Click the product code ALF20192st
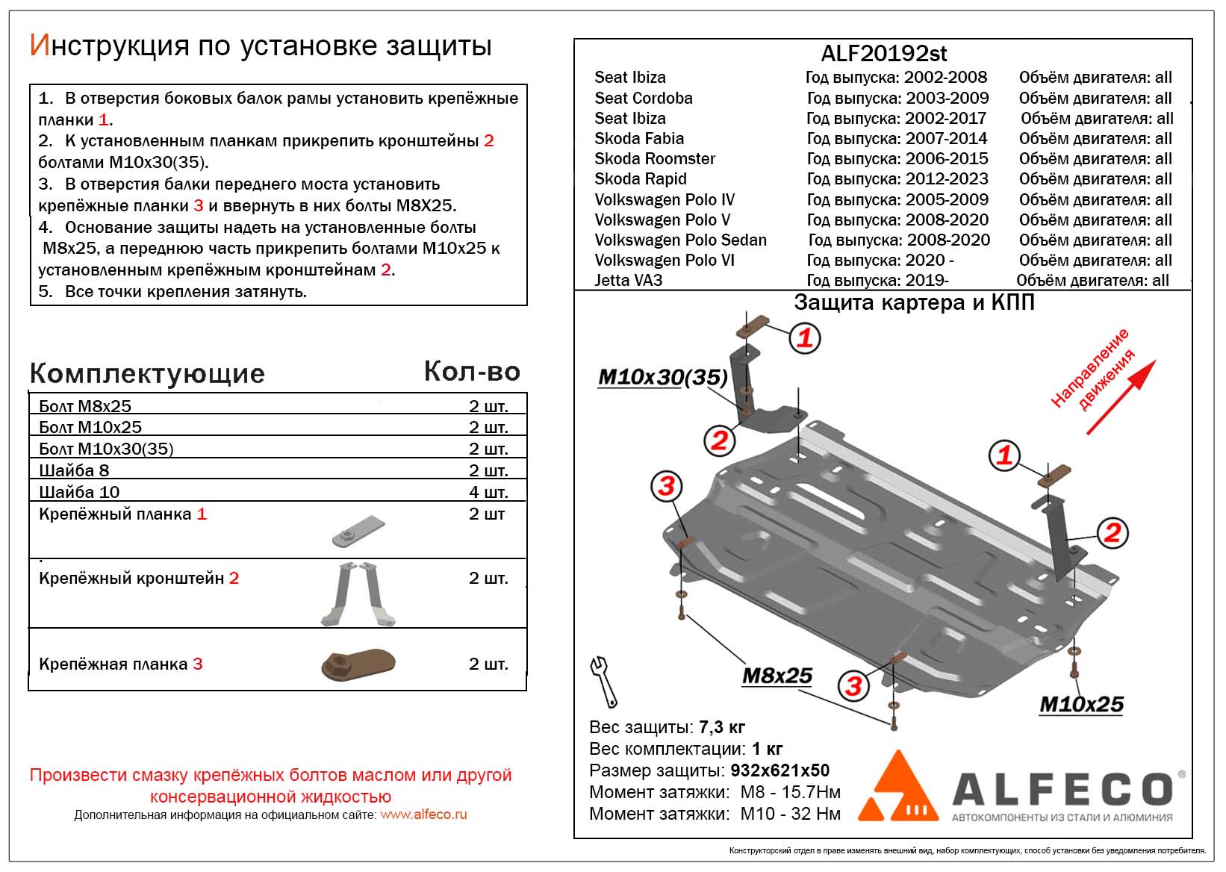pyautogui.click(x=883, y=54)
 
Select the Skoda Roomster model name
pyautogui.click(x=654, y=159)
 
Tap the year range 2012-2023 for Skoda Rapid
pyautogui.click(x=946, y=179)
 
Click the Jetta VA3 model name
pyautogui.click(x=628, y=281)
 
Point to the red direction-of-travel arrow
pyautogui.click(x=1121, y=397)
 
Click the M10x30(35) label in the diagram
pyautogui.click(x=662, y=378)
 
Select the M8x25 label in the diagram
pyautogui.click(x=777, y=676)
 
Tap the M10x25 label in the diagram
pyautogui.click(x=1080, y=705)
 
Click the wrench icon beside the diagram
pyautogui.click(x=603, y=680)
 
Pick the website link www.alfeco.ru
pyautogui.click(x=423, y=815)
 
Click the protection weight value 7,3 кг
pyautogui.click(x=721, y=727)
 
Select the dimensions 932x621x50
pyautogui.click(x=779, y=770)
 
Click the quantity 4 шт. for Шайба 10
pyautogui.click(x=488, y=492)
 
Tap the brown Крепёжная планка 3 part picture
pyautogui.click(x=358, y=664)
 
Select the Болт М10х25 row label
pyautogui.click(x=90, y=427)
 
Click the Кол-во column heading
pyautogui.click(x=471, y=372)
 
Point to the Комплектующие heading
pyautogui.click(x=147, y=374)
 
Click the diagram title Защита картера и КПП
pyautogui.click(x=914, y=302)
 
